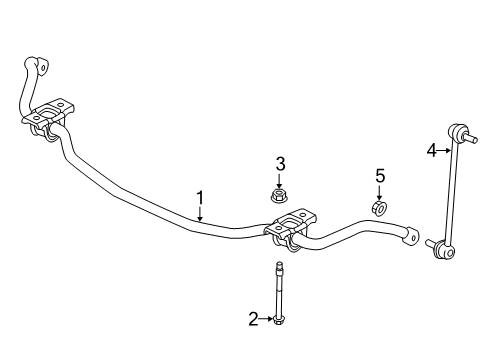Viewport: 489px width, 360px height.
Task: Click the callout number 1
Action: coord(200,197)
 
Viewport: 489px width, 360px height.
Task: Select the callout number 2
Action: coord(254,319)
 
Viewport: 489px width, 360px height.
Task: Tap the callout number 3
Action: coord(281,164)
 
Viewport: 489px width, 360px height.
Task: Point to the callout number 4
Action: coord(432,151)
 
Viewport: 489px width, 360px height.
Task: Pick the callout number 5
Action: coord(379,176)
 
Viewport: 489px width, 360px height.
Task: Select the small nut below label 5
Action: coord(379,208)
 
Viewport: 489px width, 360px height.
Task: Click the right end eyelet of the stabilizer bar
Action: coord(406,237)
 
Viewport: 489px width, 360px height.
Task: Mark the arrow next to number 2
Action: coord(265,319)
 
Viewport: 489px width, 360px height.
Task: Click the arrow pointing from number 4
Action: coord(444,151)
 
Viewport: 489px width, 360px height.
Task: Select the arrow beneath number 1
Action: coord(200,212)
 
